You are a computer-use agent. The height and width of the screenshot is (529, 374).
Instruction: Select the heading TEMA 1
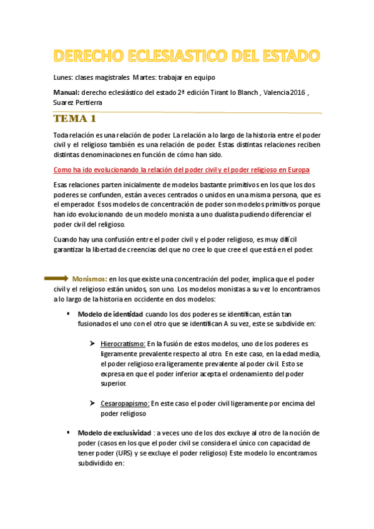pos(75,119)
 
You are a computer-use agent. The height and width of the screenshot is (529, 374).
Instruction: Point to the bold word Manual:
pos(67,92)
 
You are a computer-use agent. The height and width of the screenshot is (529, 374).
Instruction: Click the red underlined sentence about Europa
pos(181,170)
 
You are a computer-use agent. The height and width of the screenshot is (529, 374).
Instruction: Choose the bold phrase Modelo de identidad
pos(110,313)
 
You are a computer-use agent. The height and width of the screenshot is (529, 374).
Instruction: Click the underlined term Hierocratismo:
pos(123,344)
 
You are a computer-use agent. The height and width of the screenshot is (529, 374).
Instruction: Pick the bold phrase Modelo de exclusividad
pos(114,433)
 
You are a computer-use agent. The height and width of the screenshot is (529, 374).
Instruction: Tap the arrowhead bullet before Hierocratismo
pos(91,344)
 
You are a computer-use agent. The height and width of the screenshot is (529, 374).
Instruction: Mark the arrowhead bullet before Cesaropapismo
pos(91,404)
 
